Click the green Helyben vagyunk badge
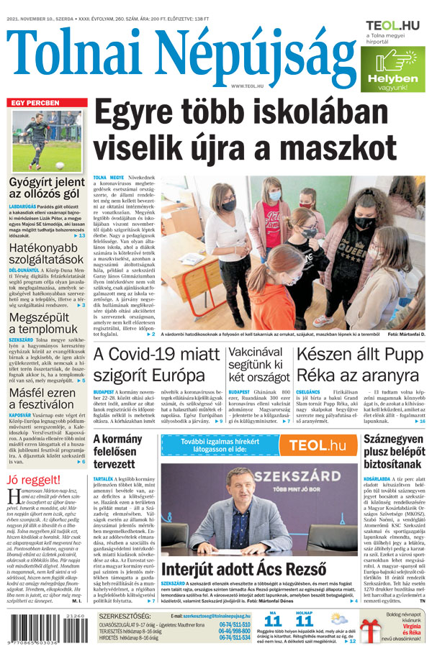tap(392, 69)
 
